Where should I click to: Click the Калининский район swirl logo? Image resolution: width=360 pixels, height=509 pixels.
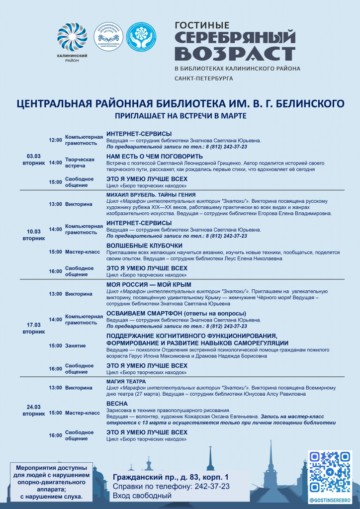[72, 38]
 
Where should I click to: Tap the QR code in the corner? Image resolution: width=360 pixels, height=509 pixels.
[330, 472]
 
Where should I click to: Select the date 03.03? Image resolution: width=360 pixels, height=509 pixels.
[33, 156]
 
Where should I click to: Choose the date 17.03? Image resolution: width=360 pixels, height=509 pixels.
[33, 325]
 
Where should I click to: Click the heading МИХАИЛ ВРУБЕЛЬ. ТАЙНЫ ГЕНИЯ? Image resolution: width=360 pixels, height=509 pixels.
[151, 194]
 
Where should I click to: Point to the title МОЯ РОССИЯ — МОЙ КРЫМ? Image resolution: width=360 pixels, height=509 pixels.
[149, 284]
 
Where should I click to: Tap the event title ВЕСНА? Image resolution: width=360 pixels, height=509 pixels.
[117, 404]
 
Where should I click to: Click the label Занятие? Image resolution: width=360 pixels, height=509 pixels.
[76, 345]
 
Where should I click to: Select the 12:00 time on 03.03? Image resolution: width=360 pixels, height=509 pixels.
[55, 140]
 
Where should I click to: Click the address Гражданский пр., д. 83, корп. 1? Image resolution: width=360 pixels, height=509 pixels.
[171, 477]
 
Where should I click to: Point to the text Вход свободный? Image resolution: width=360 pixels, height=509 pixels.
[142, 495]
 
